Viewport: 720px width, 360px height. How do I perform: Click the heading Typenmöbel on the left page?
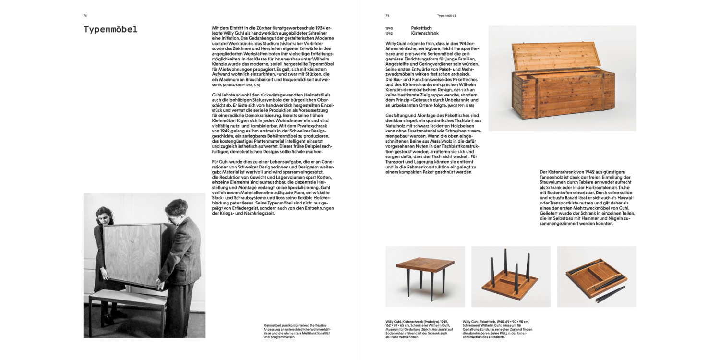coord(110,30)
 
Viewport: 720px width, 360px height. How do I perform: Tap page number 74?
coord(85,15)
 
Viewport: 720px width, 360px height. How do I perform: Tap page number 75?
coord(387,15)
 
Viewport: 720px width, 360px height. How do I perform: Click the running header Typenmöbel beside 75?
coord(446,15)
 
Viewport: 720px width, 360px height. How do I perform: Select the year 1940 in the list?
coord(389,28)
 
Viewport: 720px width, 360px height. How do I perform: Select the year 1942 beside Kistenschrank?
coord(389,34)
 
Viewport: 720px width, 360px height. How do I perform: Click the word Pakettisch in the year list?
coord(421,28)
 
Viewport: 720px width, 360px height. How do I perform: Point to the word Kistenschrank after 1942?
coord(425,34)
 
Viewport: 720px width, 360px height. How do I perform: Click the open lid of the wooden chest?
coord(556,56)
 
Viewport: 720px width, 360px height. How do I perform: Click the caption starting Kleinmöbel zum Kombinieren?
coord(297,331)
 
